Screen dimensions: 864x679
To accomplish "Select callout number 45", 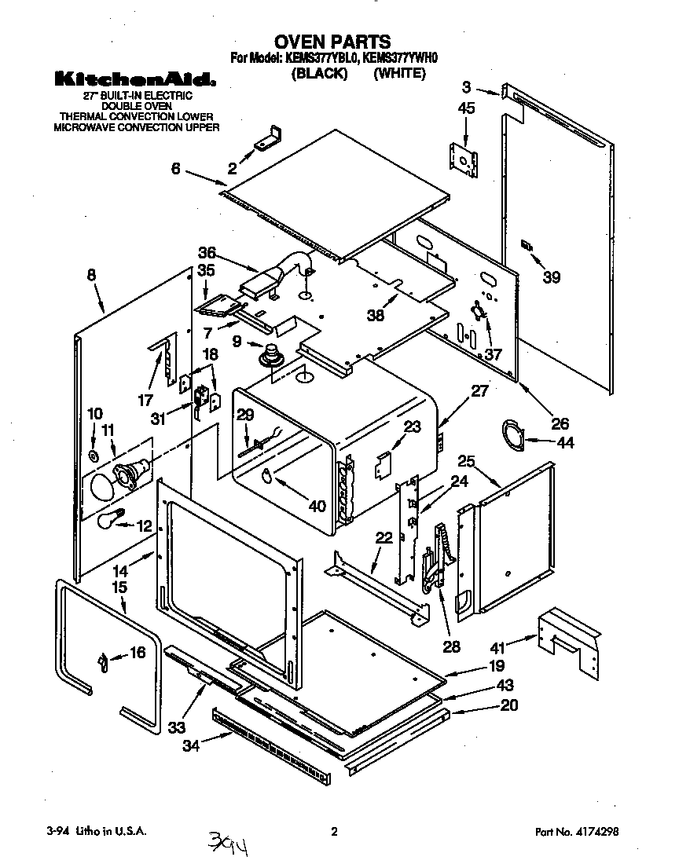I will tap(466, 109).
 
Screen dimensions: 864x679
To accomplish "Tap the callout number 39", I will tap(552, 276).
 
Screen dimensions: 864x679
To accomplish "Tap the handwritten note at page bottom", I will tap(232, 843).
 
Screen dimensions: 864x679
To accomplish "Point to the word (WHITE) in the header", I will tap(399, 73).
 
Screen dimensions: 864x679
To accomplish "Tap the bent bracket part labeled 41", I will tap(570, 641).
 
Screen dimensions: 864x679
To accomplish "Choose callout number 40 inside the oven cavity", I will tap(316, 507).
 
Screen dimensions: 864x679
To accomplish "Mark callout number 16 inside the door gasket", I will tap(137, 653).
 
